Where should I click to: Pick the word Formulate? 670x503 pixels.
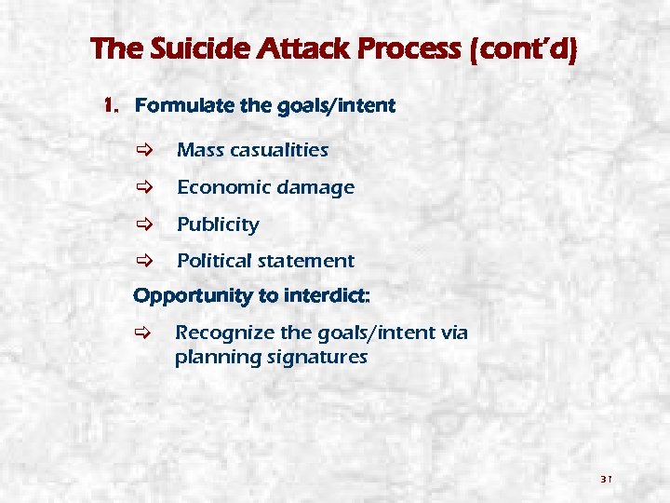click(178, 106)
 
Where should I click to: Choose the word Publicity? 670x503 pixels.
click(218, 224)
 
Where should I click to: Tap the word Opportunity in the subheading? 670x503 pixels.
click(193, 296)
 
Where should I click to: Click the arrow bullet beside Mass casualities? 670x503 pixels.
click(141, 150)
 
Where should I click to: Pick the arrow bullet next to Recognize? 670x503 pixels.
click(141, 333)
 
